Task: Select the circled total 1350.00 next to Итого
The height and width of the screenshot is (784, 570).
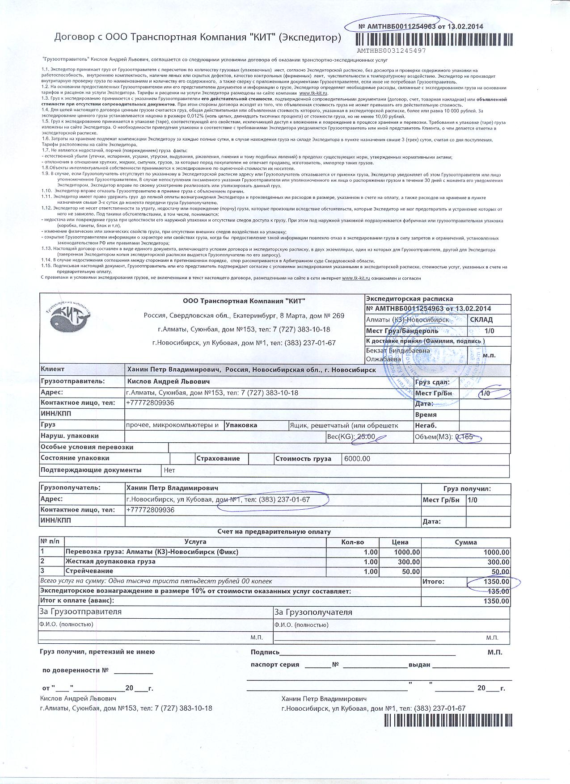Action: click(496, 582)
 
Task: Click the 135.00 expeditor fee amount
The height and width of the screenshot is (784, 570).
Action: click(499, 591)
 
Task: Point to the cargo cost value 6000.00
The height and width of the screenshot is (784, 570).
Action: click(357, 459)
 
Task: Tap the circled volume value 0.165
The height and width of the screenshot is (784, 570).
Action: click(464, 437)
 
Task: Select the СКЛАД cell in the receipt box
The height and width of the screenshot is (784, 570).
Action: click(481, 320)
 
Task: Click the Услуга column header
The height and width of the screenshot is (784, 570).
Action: click(195, 542)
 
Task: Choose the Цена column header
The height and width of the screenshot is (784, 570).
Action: click(400, 542)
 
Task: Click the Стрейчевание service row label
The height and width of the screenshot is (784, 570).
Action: click(89, 571)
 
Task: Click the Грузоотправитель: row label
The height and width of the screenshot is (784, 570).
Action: click(72, 382)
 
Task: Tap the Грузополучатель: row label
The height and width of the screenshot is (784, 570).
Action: click(71, 488)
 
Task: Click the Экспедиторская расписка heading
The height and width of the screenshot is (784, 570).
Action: click(409, 299)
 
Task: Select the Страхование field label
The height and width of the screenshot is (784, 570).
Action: click(218, 458)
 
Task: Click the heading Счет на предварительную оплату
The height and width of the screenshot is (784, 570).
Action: click(274, 532)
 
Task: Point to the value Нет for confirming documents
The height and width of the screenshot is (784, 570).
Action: click(169, 470)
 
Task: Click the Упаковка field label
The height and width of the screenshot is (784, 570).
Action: click(241, 425)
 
